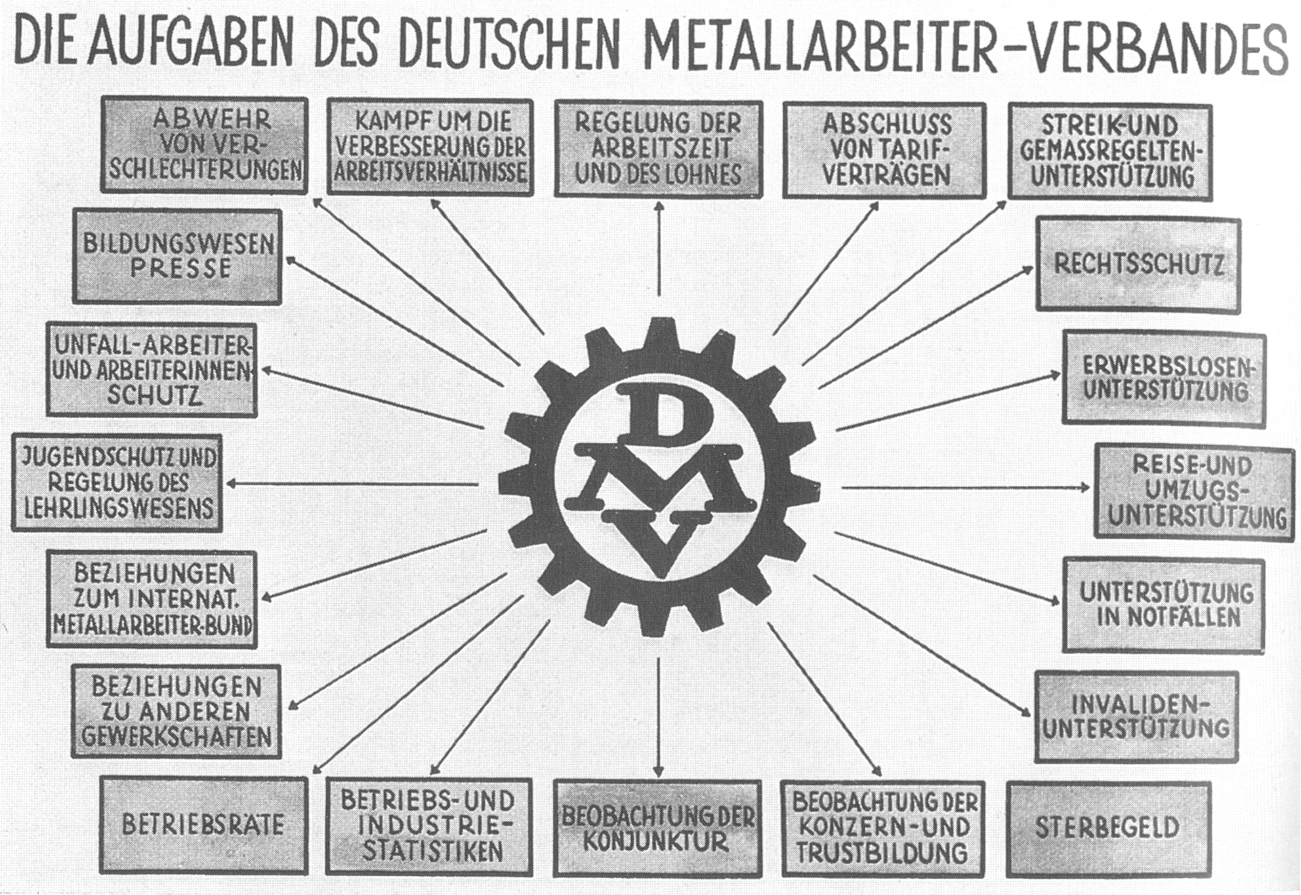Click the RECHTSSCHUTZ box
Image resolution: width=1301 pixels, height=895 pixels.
tap(1138, 264)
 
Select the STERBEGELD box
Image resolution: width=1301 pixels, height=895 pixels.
tap(1108, 828)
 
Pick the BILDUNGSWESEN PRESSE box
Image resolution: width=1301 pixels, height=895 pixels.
tap(178, 256)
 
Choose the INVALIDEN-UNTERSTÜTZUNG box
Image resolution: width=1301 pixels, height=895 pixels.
tap(1136, 717)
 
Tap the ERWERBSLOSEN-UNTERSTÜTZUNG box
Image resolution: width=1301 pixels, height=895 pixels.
tap(1164, 378)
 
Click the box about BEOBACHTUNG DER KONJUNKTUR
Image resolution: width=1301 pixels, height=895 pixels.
tap(657, 828)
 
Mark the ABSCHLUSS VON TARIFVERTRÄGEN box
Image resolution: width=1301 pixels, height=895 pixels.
tap(884, 150)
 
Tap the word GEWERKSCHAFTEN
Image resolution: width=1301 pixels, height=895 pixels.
tap(177, 737)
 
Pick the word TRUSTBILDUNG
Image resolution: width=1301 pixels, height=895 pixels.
tap(881, 854)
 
